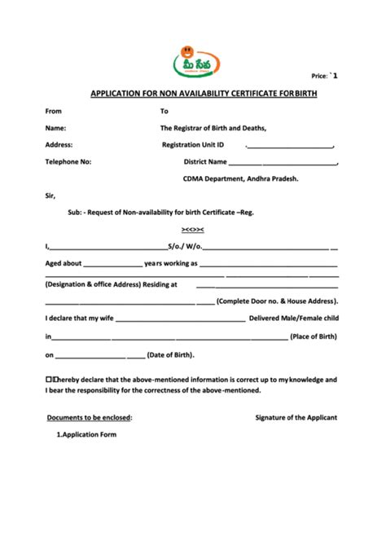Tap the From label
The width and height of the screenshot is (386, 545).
54,111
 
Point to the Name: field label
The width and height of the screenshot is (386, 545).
55,128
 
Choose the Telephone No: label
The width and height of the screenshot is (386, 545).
68,162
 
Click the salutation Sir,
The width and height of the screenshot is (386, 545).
51,196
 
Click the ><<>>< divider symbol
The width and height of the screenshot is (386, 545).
193,230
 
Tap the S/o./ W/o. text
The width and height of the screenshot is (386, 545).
185,247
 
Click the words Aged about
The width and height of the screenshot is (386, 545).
64,264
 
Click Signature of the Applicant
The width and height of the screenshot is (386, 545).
296,417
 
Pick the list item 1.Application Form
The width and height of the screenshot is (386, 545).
86,435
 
